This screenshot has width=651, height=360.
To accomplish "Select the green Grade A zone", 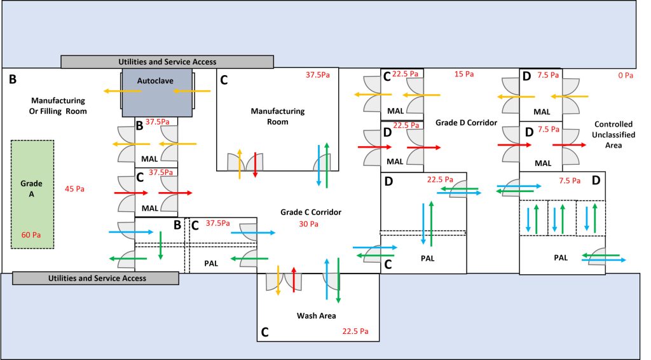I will coord(32,194).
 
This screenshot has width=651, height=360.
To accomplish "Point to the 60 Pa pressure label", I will coord(31,235).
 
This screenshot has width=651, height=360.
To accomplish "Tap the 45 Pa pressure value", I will coord(74,189).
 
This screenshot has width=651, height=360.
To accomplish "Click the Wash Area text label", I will coord(317,315).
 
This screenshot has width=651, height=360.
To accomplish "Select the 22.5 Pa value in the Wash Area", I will coord(355,331).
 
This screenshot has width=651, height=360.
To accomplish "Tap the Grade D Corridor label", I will coord(466,121).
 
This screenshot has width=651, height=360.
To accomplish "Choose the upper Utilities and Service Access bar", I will coord(167,62).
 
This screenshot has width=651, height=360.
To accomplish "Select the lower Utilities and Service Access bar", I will coord(95,278).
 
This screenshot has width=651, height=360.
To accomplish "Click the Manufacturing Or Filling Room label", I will coord(58,106).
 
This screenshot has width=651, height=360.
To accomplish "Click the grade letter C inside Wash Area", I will coord(264,331).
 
